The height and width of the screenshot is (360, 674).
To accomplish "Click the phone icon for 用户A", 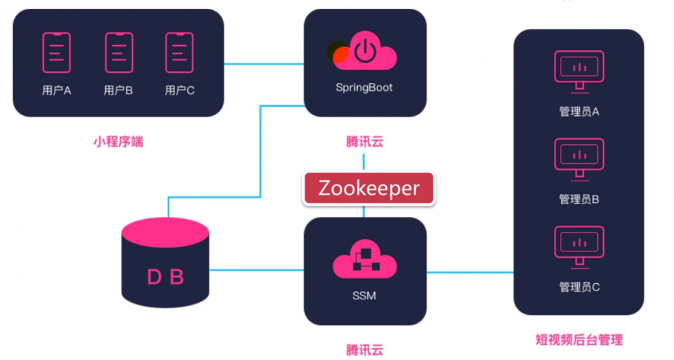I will [57, 53].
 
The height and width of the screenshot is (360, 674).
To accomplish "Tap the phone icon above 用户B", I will [119, 53].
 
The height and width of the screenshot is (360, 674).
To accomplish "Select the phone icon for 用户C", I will [179, 53].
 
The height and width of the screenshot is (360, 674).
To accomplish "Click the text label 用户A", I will [57, 90].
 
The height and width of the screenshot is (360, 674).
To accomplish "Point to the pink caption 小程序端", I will [118, 142].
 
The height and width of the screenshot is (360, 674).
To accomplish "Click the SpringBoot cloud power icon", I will [365, 53].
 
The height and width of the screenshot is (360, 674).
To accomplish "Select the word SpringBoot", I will [364, 88].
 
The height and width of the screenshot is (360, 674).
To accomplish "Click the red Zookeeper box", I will [369, 189].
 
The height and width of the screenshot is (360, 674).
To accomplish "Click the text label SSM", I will [364, 295].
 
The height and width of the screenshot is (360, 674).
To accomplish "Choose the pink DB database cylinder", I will [165, 263].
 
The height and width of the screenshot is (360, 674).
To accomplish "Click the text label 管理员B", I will [579, 200].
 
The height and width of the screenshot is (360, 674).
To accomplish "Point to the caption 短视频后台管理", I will [579, 340].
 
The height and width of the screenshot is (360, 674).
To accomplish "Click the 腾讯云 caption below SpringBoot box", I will [365, 142].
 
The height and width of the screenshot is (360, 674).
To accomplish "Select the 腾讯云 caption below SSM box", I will [365, 350].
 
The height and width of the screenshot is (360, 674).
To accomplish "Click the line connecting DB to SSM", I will [256, 270].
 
